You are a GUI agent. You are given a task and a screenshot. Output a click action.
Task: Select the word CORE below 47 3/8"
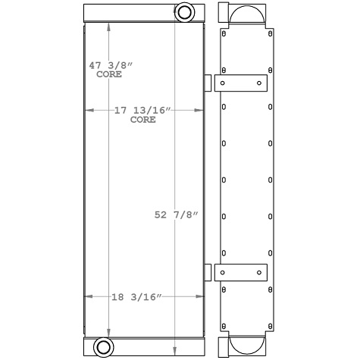tap(109, 74)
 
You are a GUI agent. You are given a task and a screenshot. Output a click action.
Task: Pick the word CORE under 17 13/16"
tap(142, 120)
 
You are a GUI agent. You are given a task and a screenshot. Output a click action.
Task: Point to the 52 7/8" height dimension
tap(176, 214)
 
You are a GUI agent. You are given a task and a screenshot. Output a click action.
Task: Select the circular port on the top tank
tap(184, 12)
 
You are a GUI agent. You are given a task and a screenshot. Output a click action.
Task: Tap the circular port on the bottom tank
tap(102, 348)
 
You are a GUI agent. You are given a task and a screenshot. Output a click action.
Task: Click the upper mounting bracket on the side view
tap(242, 83)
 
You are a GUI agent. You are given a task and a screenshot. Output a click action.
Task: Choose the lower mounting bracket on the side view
tap(242, 272)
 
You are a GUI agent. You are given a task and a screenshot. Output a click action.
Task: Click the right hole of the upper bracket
tap(259, 83)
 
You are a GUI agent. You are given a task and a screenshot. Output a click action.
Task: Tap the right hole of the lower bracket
tap(259, 272)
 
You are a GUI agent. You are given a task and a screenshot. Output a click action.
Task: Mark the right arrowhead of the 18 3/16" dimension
tap(202, 296)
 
